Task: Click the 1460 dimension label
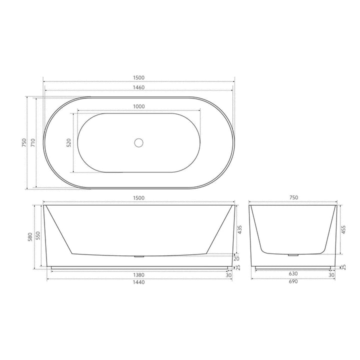pyautogui.click(x=138, y=87)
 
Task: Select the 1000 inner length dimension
pyautogui.click(x=138, y=106)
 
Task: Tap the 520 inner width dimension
pyautogui.click(x=69, y=142)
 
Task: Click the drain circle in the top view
pyautogui.click(x=138, y=142)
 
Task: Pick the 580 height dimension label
pyautogui.click(x=30, y=236)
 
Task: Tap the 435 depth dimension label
pyautogui.click(x=239, y=229)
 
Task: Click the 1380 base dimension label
pyautogui.click(x=138, y=275)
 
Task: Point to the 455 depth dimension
pyautogui.click(x=343, y=229)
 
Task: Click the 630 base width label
pyautogui.click(x=293, y=275)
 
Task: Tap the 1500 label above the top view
pyautogui.click(x=138, y=77)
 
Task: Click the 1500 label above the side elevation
pyautogui.click(x=138, y=198)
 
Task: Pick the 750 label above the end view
pyautogui.click(x=293, y=198)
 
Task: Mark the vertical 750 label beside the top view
pyautogui.click(x=23, y=143)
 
